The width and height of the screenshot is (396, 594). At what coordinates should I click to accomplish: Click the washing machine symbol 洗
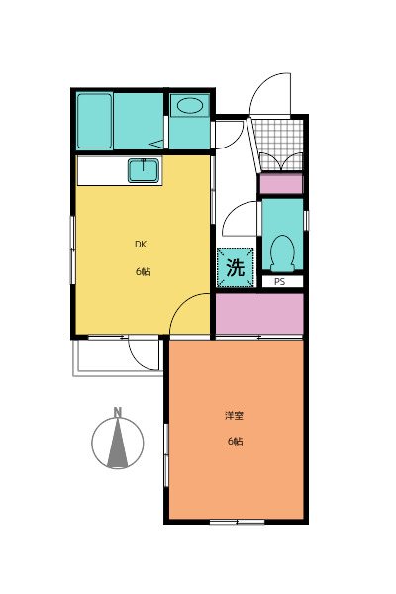pos(236,267)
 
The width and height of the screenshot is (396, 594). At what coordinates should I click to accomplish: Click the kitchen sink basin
pos(145,171)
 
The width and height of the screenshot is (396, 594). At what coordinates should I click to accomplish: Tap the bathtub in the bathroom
pos(95,120)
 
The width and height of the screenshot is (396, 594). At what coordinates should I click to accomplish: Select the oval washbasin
pos(188,106)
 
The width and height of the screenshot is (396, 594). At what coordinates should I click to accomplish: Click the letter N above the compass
pos(117,412)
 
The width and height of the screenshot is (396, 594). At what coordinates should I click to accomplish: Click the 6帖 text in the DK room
pos(143,271)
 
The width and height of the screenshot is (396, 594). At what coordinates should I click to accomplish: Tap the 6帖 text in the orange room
pos(234,441)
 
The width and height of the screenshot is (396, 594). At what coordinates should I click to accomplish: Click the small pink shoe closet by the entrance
pos(281,184)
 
